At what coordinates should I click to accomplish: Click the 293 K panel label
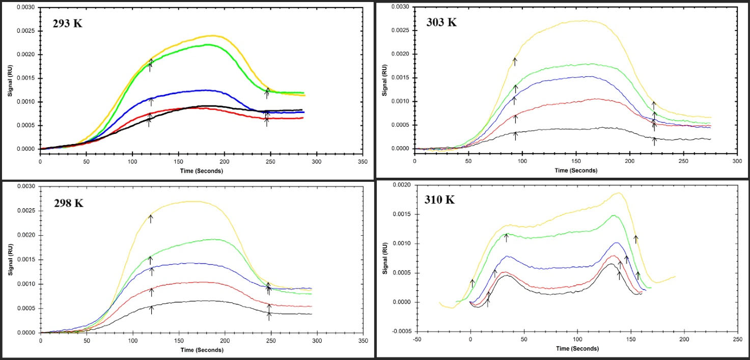(68, 23)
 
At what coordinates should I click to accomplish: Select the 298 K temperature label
(69, 203)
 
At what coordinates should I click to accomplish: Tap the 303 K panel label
(441, 22)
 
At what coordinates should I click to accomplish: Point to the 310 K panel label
(439, 199)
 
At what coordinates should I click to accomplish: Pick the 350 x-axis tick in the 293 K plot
(363, 162)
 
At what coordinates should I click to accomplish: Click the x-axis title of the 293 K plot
(201, 171)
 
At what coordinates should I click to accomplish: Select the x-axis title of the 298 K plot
(201, 350)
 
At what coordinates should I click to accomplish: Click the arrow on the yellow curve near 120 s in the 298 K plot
(151, 219)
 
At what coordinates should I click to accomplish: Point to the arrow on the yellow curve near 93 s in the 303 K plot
(515, 62)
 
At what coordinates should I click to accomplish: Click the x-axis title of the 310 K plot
(577, 349)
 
